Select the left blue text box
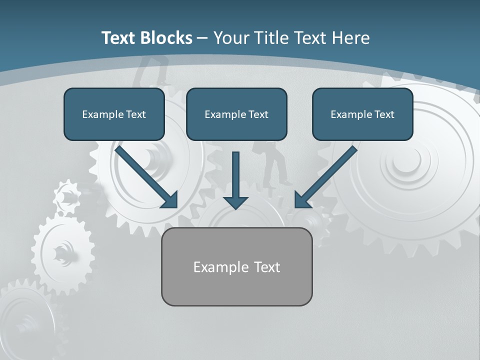coord(114,114)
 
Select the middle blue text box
coord(236,114)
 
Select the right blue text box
coord(362,114)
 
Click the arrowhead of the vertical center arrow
coord(235,202)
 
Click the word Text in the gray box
coord(267,267)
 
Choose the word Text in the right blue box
coord(384,114)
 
